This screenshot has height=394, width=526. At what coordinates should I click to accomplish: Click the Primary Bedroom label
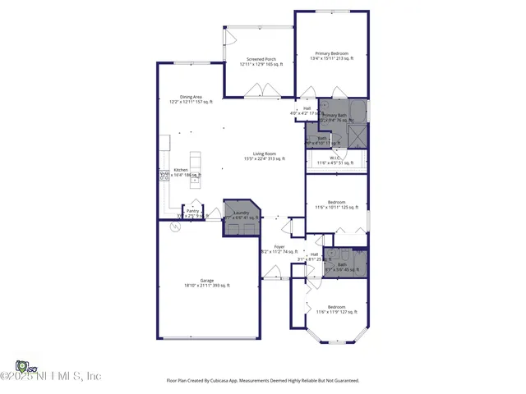click(330, 53)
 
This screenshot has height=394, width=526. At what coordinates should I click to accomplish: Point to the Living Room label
click(264, 154)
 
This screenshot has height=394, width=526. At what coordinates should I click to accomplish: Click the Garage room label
click(206, 281)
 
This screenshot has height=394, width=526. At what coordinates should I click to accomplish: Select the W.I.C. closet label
click(335, 158)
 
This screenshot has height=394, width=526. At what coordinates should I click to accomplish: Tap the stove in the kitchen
click(164, 175)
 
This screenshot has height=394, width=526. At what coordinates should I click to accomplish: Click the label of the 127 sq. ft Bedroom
click(337, 307)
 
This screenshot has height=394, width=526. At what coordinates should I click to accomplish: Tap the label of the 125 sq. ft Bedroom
click(337, 202)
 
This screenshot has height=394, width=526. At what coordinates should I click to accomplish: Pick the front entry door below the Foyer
click(271, 280)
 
